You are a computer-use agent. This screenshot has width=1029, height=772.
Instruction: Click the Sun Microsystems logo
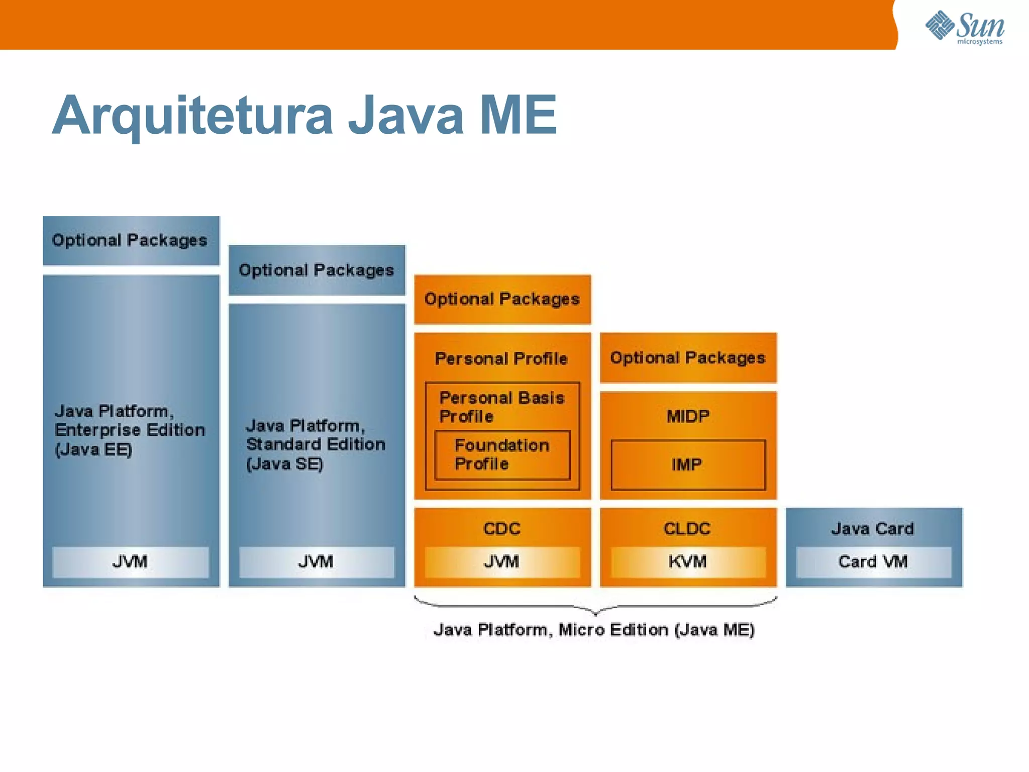point(965,27)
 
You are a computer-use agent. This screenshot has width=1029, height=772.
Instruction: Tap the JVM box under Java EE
point(131,561)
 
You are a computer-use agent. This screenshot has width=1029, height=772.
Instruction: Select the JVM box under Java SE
point(317,561)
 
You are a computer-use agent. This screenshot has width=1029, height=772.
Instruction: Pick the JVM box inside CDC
point(502,561)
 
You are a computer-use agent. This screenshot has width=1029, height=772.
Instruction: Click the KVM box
point(688,561)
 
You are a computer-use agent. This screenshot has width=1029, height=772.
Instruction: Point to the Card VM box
point(873,561)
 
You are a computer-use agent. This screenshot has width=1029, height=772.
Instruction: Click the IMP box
point(688,464)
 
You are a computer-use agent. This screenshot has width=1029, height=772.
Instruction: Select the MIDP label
point(688,416)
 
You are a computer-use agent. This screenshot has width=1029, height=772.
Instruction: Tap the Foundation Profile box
point(502,454)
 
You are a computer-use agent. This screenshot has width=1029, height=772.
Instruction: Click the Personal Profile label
point(501,358)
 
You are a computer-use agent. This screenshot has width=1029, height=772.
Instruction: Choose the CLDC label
point(687,529)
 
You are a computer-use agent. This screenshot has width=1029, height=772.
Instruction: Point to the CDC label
point(502,529)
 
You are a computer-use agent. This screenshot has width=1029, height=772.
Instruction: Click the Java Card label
point(873,529)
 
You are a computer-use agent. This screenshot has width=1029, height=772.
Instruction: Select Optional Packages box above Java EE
point(131,240)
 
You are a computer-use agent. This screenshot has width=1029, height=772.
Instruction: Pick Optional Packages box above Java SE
point(317,270)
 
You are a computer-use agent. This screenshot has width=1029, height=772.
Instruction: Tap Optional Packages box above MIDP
point(688,357)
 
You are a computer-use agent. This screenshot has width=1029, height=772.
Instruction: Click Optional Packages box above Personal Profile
point(502,299)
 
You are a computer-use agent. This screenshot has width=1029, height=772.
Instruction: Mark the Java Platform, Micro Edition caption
point(594,630)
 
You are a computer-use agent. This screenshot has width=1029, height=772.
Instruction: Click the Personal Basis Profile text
point(501,407)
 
